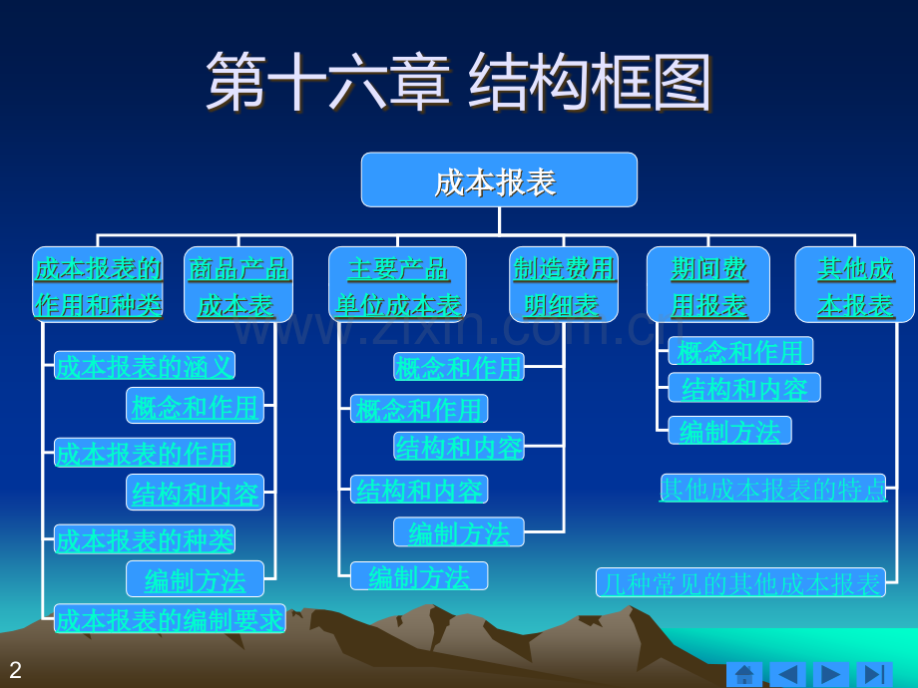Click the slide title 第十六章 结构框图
(x=458, y=82)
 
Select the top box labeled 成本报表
(x=498, y=180)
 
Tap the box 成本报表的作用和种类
(x=98, y=285)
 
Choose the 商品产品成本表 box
(x=237, y=285)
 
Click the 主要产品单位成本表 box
(x=397, y=285)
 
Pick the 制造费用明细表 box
(x=564, y=285)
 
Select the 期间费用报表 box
(x=708, y=285)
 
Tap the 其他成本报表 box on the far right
(x=854, y=285)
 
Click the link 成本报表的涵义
(x=145, y=366)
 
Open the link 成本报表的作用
(x=145, y=453)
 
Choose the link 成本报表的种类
(x=145, y=539)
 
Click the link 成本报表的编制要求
(x=170, y=619)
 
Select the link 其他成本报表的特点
(x=773, y=489)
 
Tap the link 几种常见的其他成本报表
(x=741, y=583)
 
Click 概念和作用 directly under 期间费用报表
(x=740, y=351)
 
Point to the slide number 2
(x=15, y=670)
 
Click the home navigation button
(x=743, y=674)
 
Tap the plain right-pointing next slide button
(x=830, y=674)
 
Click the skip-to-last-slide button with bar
(x=874, y=674)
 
